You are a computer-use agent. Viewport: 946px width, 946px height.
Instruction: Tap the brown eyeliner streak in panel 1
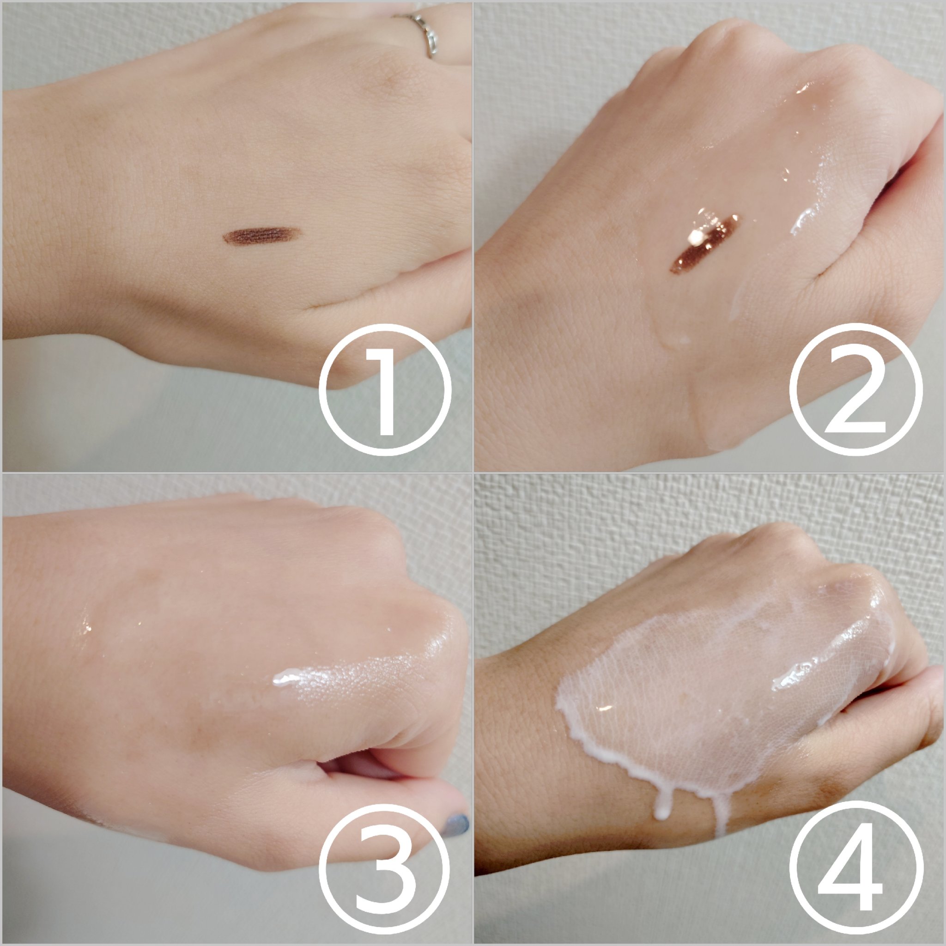coord(260,236)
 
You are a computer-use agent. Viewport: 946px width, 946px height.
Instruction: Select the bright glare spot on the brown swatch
coord(695,238)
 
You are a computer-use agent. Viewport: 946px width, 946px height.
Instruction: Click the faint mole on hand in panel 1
coord(392,79)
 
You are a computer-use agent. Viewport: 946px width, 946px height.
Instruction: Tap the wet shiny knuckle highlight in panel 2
coord(803,88)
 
